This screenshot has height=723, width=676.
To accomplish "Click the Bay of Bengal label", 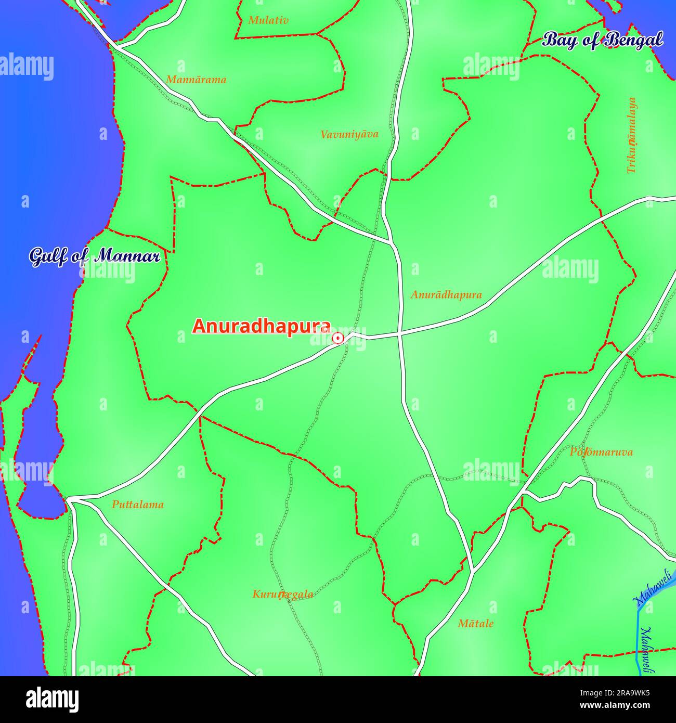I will click(x=603, y=40).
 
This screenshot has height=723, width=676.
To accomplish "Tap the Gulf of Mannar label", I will click(x=94, y=256).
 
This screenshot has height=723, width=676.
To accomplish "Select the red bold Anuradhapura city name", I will click(x=262, y=326).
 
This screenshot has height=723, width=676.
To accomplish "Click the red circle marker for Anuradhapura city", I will click(x=337, y=339).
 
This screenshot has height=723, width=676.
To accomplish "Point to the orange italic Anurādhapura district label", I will click(x=446, y=295).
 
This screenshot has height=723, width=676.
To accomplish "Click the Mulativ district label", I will click(x=268, y=20).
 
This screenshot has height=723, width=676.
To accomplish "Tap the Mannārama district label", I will click(x=196, y=80).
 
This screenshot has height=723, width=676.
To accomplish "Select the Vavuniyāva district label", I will click(x=349, y=134).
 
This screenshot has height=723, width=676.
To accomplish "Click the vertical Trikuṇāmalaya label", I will click(x=631, y=135).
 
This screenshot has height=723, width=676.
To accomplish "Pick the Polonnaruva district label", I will click(x=601, y=452).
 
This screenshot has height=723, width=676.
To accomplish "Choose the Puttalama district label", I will click(x=138, y=505).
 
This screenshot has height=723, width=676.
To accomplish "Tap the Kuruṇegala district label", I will click(x=283, y=594).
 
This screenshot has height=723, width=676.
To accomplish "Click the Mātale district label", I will click(x=475, y=623).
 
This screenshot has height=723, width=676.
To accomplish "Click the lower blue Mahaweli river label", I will click(x=647, y=650).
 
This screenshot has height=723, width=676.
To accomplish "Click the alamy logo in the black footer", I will click(x=53, y=700).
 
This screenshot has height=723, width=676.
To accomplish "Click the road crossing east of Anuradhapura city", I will click(x=399, y=335).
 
